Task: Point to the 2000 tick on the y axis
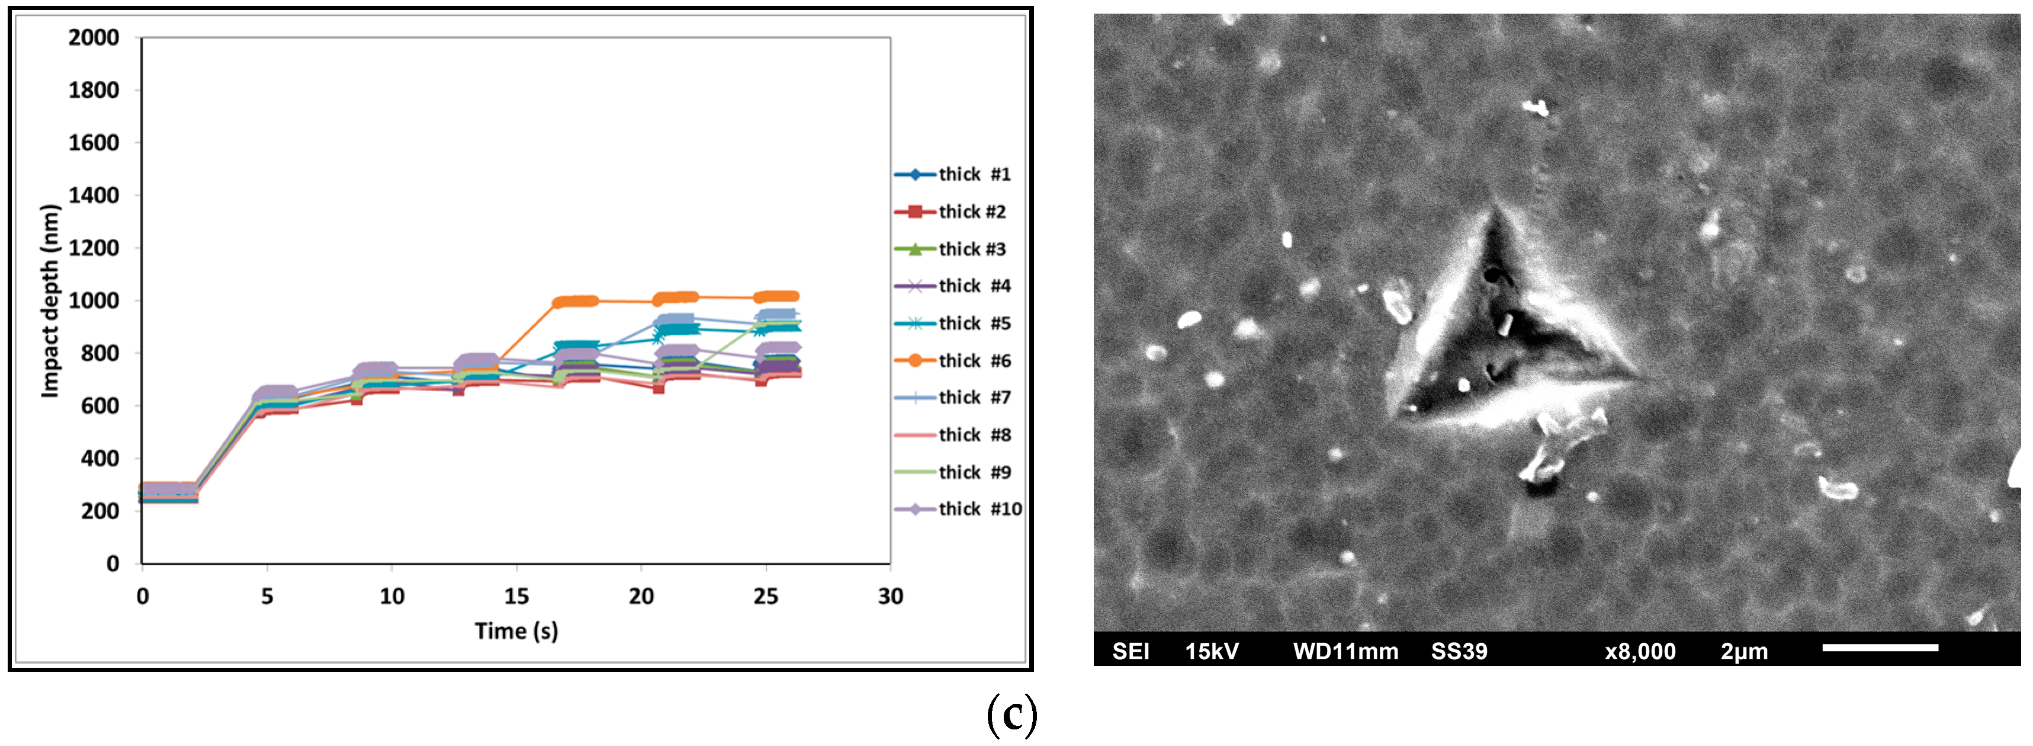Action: pos(94,38)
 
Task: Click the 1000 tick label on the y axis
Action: pos(94,301)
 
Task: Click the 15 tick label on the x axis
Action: pos(516,596)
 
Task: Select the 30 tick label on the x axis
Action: pos(890,596)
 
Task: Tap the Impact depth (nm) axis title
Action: pos(50,301)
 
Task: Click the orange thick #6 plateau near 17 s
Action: pos(576,302)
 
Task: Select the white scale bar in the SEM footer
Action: pos(1880,648)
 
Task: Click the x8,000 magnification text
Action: pos(1640,651)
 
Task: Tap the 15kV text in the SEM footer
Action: pos(1212,651)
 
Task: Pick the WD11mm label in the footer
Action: pos(1345,651)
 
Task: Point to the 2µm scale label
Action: pos(1744,651)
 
